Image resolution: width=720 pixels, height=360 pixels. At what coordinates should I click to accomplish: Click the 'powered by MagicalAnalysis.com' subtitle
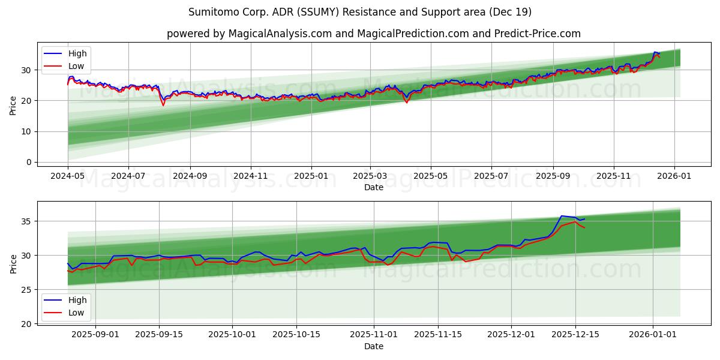(373, 34)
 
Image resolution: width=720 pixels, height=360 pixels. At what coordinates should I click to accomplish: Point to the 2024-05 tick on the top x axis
(68, 176)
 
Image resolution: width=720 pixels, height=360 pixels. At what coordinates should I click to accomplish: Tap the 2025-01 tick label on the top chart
(311, 176)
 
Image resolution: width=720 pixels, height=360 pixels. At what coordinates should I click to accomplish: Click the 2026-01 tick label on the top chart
(674, 176)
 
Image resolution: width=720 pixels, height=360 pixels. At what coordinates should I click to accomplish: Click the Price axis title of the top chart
(13, 105)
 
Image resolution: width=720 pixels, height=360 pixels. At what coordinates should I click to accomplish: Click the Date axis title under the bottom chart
(373, 346)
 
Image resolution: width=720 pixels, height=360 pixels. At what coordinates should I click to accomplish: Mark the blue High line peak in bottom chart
(561, 216)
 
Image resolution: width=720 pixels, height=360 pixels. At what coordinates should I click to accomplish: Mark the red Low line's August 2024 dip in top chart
(163, 106)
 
